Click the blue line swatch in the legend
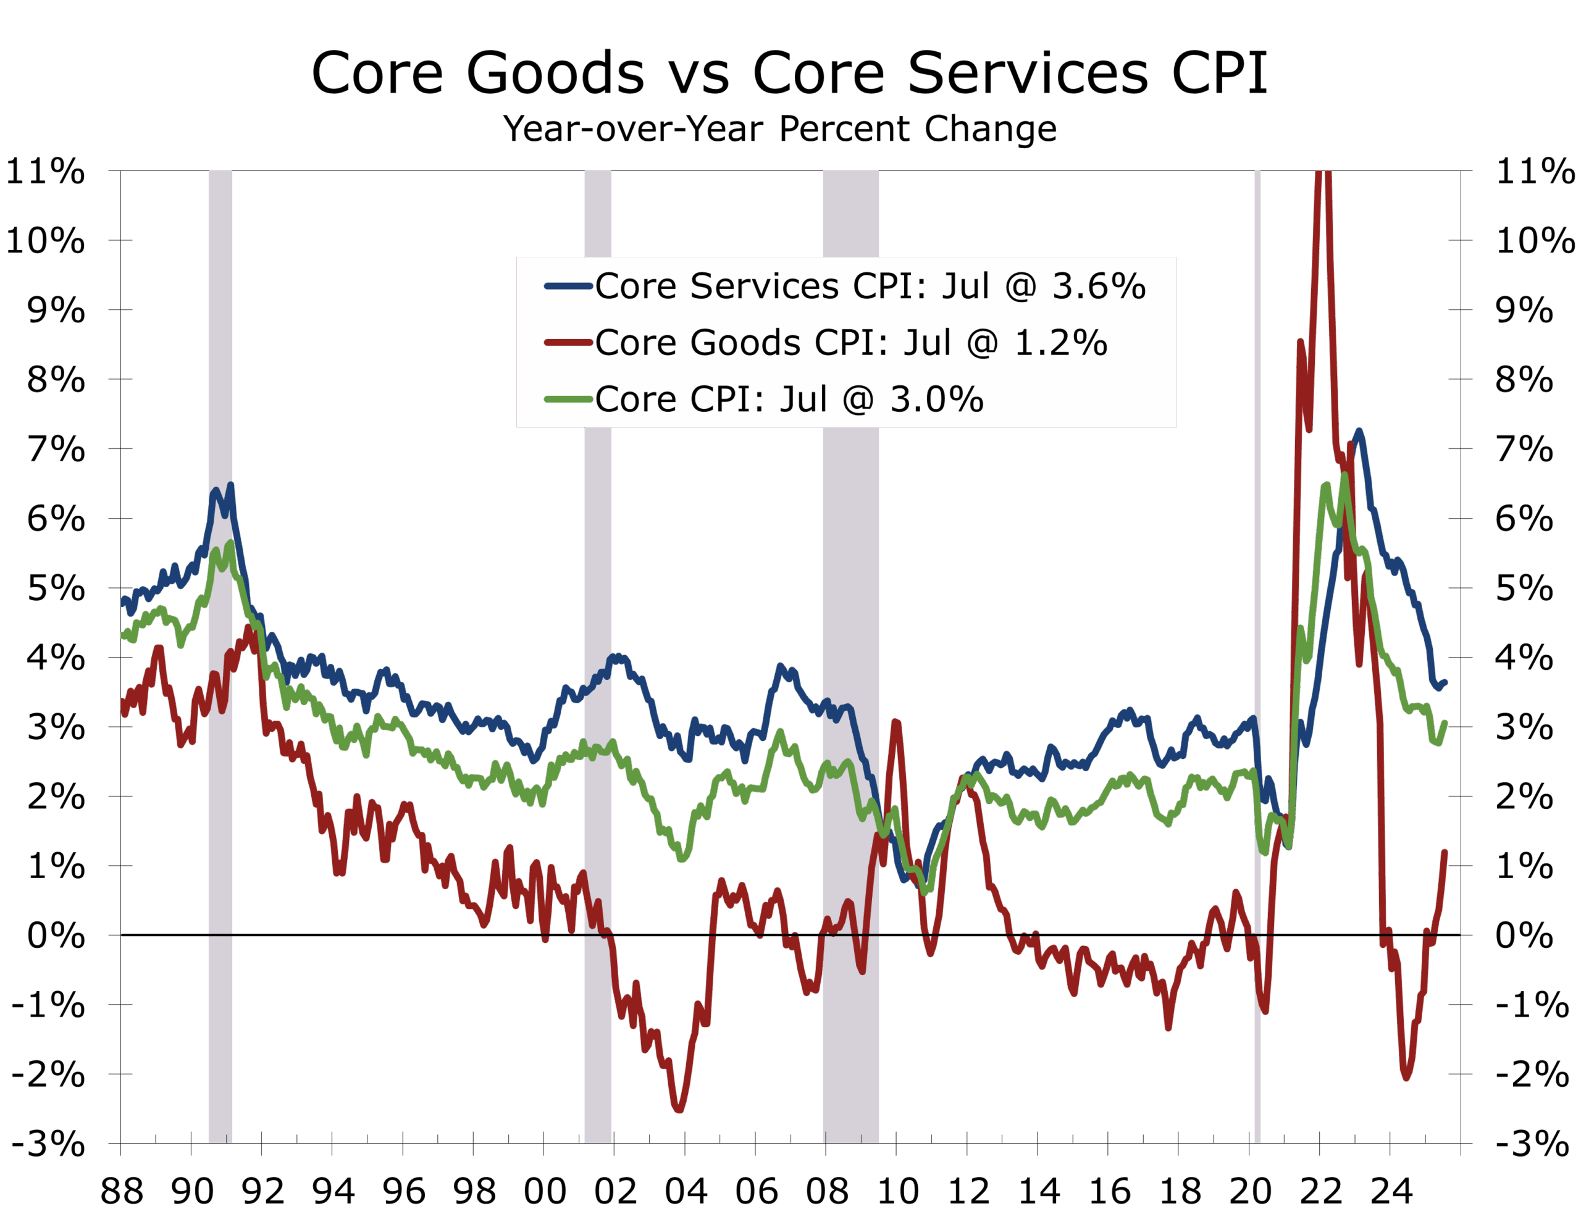pyautogui.click(x=568, y=286)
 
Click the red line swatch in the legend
pyautogui.click(x=568, y=343)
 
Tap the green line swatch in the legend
pyautogui.click(x=568, y=399)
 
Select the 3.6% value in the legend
pyautogui.click(x=1098, y=286)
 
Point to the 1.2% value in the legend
pyautogui.click(x=1060, y=343)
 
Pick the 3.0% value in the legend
pyautogui.click(x=936, y=399)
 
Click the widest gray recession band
pyautogui.click(x=850, y=578)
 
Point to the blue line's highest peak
pyautogui.click(x=1359, y=432)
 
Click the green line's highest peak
pyautogui.click(x=1344, y=474)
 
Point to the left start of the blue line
pyautogui.click(x=124, y=600)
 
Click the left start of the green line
pyautogui.click(x=124, y=634)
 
